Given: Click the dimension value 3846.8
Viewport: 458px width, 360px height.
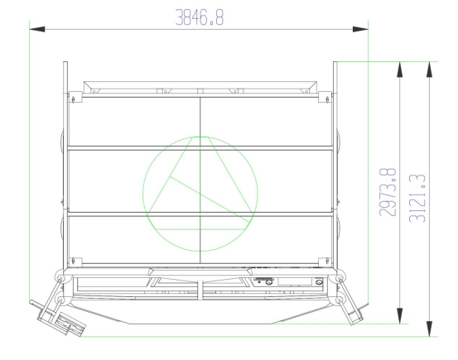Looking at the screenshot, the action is point(200,17).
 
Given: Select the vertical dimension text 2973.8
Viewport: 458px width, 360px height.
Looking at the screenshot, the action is point(388,192).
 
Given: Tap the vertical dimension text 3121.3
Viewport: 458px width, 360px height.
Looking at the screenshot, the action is point(417,199).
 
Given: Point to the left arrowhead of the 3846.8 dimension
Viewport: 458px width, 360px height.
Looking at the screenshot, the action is point(37,29).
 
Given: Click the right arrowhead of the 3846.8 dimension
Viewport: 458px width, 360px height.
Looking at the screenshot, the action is point(360,29).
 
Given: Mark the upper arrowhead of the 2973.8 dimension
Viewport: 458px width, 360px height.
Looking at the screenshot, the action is point(399,70).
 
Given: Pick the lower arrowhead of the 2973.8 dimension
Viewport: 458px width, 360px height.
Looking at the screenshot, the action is point(399,315).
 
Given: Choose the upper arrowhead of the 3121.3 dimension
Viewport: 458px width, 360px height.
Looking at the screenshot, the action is point(429,70).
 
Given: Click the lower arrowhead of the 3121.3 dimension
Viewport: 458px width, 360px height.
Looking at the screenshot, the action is point(429,329).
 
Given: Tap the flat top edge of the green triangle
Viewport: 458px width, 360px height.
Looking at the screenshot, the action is point(200,137).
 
